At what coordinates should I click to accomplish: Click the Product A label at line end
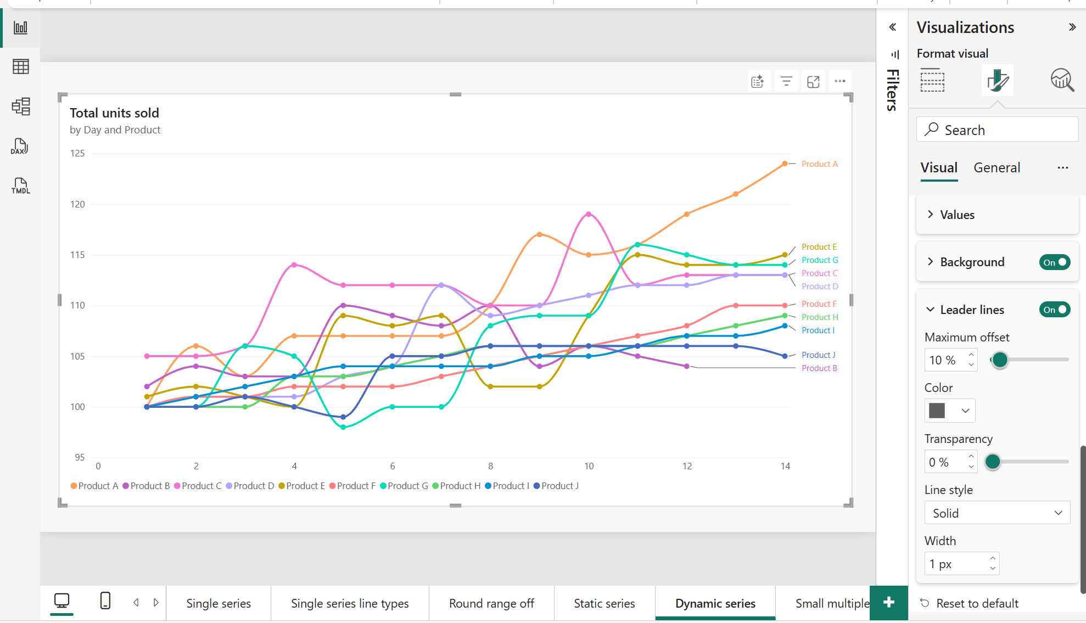(819, 164)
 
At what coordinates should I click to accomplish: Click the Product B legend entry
(146, 486)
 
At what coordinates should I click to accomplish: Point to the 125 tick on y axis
(77, 153)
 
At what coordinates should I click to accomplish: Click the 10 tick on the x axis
(589, 466)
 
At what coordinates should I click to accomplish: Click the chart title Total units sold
(114, 113)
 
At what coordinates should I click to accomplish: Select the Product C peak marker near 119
(589, 214)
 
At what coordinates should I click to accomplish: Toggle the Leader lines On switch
(1054, 310)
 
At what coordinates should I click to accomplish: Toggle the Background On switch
(1054, 262)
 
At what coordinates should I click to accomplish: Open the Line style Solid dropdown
(997, 513)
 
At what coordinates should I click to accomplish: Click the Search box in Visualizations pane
(997, 130)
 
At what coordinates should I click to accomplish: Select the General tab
(997, 168)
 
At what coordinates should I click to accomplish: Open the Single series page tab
(219, 603)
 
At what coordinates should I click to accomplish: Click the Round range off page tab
(491, 603)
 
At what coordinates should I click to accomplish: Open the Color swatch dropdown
(950, 411)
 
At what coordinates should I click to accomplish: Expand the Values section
(957, 215)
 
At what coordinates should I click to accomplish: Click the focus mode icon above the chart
(813, 82)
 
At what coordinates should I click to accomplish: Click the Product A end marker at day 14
(785, 164)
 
